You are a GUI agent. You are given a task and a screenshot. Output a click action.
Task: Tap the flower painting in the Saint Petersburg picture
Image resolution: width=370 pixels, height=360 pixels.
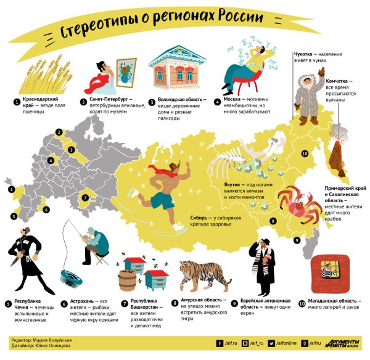point(126,71)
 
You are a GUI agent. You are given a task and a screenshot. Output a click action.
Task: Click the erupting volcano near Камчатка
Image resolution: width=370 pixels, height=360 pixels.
point(338,148)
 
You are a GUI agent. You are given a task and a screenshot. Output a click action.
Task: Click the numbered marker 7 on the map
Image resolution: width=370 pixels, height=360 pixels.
point(86,198)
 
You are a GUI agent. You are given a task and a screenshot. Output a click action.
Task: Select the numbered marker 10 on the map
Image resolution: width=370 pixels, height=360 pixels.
point(304,153)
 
